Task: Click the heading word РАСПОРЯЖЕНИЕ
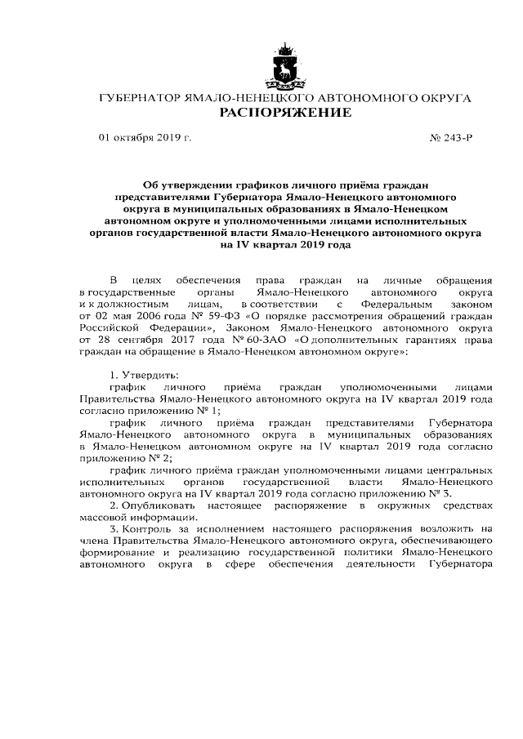click(x=284, y=112)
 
